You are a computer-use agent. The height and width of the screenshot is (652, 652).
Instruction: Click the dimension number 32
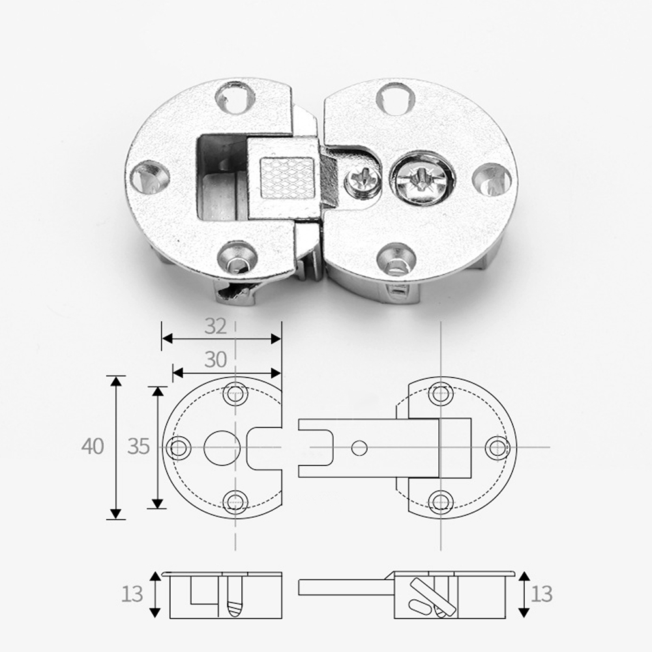215,327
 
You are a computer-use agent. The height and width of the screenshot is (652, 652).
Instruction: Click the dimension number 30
215,360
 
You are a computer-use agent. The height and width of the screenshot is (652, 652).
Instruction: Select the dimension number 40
93,447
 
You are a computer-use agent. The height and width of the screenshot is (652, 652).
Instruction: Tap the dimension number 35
138,447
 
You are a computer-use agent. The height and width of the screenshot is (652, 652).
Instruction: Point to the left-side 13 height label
132,594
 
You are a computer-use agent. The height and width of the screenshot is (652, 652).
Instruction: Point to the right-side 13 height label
541,594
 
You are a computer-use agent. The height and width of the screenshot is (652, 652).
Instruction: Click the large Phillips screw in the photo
421,179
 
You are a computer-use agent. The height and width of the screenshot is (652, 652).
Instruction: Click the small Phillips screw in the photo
363,179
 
